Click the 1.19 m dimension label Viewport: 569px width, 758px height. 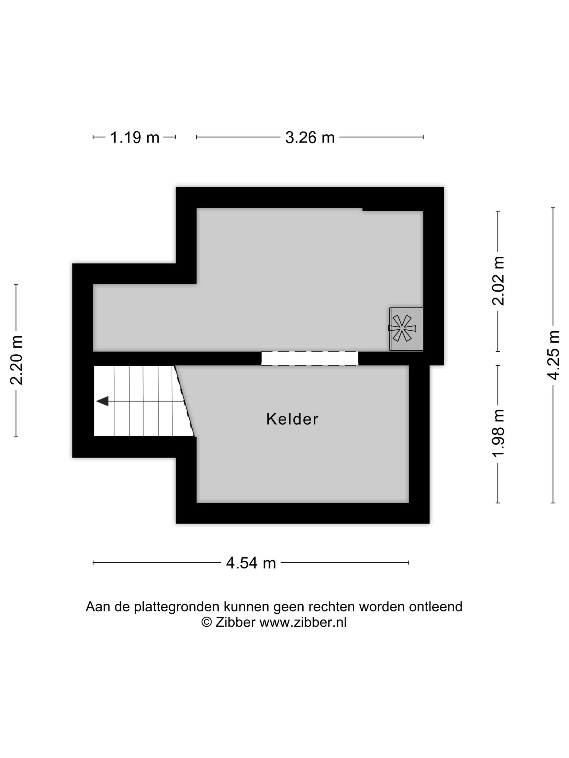click(134, 138)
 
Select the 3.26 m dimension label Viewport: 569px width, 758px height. click(310, 138)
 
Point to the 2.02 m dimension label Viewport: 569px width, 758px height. click(498, 281)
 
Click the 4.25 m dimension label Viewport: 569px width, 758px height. click(553, 355)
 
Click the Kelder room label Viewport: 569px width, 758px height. click(292, 419)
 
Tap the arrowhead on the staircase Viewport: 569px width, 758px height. click(102, 401)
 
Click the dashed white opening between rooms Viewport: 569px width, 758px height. click(309, 358)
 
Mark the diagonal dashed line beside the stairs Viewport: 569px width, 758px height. click(185, 401)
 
